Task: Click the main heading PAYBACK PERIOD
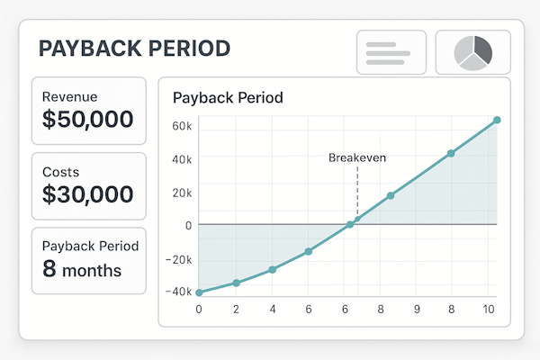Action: (134, 48)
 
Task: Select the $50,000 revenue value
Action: (88, 118)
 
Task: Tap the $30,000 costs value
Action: (88, 193)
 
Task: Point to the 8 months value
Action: (82, 268)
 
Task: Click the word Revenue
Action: (70, 96)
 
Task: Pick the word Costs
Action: (61, 170)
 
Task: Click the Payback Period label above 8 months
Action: (90, 246)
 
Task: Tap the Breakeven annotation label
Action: (357, 157)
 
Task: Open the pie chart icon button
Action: (472, 52)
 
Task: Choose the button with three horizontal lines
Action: (391, 52)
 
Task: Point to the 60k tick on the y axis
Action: (182, 127)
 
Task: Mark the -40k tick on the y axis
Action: (180, 291)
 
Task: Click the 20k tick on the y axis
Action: (182, 193)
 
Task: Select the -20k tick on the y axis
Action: (180, 259)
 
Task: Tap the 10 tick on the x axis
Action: (489, 309)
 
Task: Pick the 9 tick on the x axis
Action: (416, 309)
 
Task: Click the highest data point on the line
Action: (497, 120)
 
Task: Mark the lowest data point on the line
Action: (199, 292)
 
